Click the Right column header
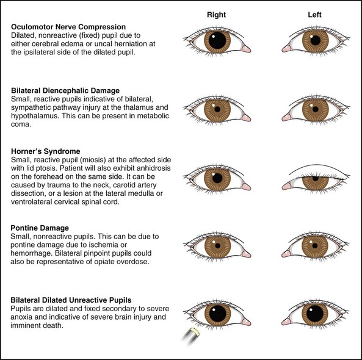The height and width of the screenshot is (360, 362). (x=216, y=15)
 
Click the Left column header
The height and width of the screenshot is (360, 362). (x=314, y=15)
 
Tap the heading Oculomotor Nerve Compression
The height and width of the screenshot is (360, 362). (x=68, y=27)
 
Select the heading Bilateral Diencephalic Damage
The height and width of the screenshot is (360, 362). (x=65, y=90)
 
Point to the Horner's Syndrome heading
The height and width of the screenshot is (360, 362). (x=46, y=151)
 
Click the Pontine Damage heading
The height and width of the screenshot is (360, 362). (x=40, y=228)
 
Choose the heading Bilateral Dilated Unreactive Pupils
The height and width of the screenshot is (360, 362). (x=71, y=300)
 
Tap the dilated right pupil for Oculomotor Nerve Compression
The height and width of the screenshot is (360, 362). (x=217, y=40)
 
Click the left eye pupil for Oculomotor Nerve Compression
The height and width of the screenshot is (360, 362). (x=316, y=40)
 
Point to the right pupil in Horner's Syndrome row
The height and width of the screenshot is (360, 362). (x=217, y=178)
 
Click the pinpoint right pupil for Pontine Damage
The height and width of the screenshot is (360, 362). (x=217, y=246)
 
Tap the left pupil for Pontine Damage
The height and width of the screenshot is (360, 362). (x=314, y=246)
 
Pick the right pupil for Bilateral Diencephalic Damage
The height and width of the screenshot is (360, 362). (x=217, y=109)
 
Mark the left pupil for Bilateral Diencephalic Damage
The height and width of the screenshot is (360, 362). (x=316, y=109)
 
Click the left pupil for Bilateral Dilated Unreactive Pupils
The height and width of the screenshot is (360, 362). (x=315, y=314)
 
